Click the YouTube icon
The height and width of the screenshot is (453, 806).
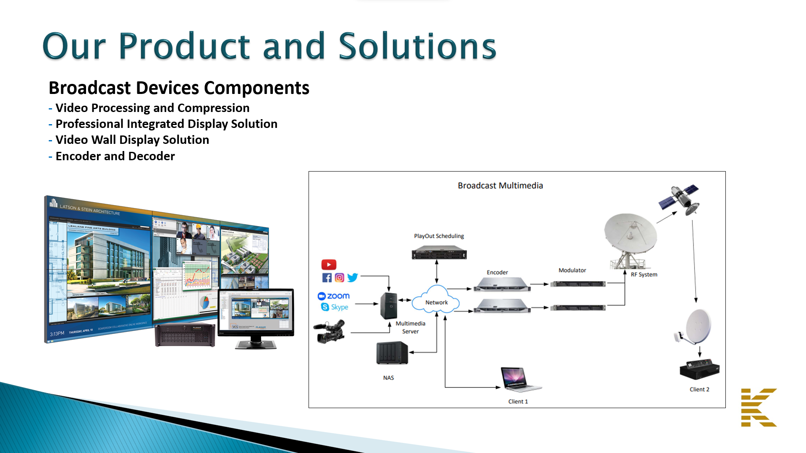329,265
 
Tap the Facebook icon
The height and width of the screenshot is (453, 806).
327,278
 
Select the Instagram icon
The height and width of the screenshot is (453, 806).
340,278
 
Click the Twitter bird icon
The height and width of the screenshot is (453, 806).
353,277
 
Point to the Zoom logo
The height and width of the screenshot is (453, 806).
334,296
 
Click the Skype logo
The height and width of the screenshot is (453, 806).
335,307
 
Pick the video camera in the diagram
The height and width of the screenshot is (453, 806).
330,331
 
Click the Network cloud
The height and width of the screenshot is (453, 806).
436,300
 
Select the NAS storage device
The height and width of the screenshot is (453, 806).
392,353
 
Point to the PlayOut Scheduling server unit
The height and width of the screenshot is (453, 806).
439,253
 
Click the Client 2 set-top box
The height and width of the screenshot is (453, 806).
699,369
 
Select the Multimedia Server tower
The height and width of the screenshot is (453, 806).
389,306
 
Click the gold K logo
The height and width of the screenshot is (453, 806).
759,407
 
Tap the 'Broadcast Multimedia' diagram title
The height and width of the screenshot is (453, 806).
500,185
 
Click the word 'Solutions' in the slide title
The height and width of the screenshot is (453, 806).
417,46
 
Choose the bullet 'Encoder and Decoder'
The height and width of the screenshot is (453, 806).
115,156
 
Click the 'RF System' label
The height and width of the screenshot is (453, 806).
644,274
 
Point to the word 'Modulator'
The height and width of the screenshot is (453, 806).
572,270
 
